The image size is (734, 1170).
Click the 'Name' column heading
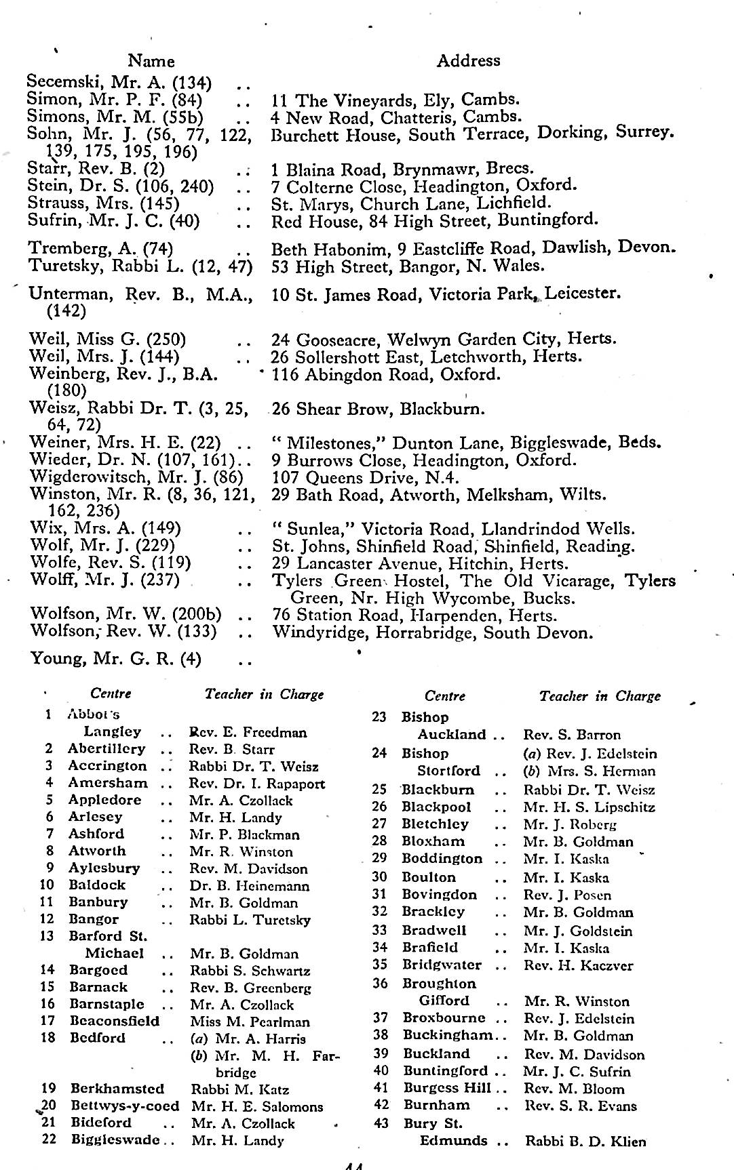click(151, 61)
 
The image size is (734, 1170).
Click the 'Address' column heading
click(468, 60)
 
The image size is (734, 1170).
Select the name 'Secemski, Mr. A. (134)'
click(119, 83)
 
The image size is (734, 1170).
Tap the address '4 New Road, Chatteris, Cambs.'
click(396, 117)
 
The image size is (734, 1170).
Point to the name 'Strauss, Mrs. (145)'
click(104, 203)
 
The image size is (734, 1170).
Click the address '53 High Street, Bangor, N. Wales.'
click(408, 266)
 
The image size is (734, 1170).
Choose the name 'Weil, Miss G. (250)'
click(108, 339)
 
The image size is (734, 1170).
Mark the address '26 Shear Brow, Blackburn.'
click(379, 409)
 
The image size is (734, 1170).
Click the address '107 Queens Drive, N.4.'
click(366, 477)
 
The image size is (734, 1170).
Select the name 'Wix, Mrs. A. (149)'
click(106, 528)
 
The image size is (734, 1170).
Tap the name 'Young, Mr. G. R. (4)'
click(116, 658)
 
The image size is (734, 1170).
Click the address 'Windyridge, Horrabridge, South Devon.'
click(433, 633)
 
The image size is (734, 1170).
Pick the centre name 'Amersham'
click(108, 783)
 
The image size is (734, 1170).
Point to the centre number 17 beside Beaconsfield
click(47, 1021)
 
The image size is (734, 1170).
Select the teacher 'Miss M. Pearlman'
click(250, 1022)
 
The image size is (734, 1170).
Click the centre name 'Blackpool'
click(436, 807)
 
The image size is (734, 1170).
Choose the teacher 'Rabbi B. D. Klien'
click(585, 1141)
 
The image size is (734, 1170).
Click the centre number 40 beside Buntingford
click(381, 1071)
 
